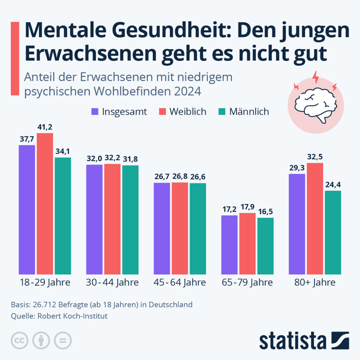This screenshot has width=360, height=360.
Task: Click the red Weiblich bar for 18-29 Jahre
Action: pos(45,204)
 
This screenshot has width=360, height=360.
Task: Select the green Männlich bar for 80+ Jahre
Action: pos(333,232)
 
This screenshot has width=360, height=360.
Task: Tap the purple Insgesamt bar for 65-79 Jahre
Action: pos(229,245)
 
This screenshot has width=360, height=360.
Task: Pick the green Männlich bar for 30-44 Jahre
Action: pos(130,220)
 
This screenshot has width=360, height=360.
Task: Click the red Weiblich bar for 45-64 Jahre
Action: pos(180,228)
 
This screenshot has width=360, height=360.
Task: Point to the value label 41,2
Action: pos(45,127)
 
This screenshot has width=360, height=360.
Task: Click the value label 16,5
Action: pos(265,212)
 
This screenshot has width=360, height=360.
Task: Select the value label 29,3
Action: pos(297,168)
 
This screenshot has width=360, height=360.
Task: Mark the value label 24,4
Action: pos(333,185)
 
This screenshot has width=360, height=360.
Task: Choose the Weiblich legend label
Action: pos(188,112)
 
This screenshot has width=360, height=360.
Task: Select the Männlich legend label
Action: pos(249,112)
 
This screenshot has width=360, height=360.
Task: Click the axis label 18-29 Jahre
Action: pos(45,283)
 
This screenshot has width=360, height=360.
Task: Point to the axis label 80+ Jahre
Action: pos(315,283)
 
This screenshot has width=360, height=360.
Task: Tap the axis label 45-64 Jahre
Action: pos(180,283)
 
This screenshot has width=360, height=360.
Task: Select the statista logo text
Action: pos(292,341)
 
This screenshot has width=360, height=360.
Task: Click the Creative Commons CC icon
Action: pos(20,340)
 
